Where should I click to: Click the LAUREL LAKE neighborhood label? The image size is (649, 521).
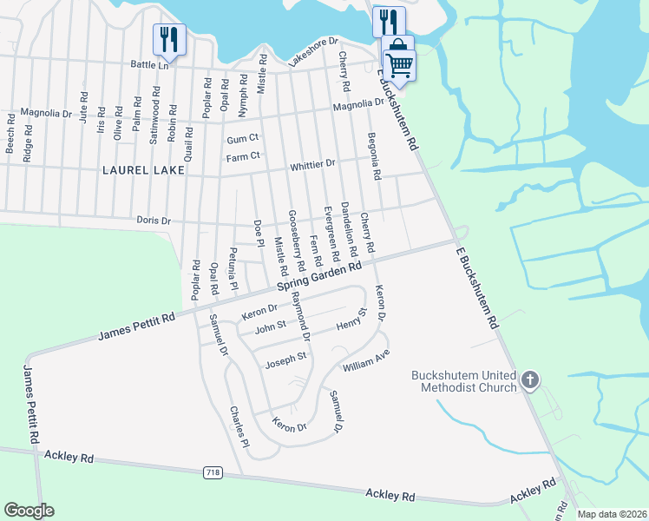[x=143, y=170]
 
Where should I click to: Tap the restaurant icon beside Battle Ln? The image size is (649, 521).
[x=167, y=39]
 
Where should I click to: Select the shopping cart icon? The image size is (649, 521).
[x=399, y=63]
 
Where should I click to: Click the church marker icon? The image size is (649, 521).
[x=530, y=379]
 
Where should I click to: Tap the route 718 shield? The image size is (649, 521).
[x=213, y=472]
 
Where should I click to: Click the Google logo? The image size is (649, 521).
[x=29, y=511]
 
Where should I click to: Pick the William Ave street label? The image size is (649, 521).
[x=366, y=362]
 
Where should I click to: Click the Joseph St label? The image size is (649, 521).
[x=286, y=358]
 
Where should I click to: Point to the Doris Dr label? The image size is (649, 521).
[x=154, y=221]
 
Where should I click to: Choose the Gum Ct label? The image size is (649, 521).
[x=243, y=139]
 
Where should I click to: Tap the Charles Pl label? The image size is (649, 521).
[x=239, y=426]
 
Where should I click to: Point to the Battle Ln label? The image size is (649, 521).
[x=149, y=65]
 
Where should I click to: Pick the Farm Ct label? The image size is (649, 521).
[x=243, y=156]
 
